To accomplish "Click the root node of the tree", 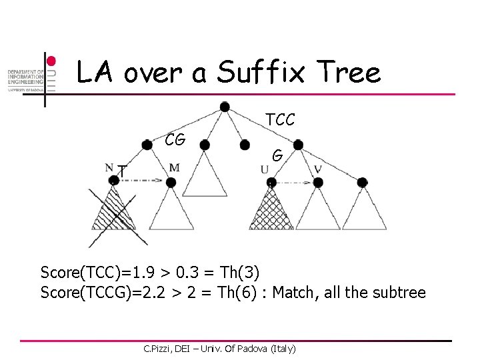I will [225, 107].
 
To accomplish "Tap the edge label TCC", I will [280, 119].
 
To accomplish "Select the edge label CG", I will [175, 139].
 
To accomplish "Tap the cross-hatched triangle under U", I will [271, 212].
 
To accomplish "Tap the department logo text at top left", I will [25, 79].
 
